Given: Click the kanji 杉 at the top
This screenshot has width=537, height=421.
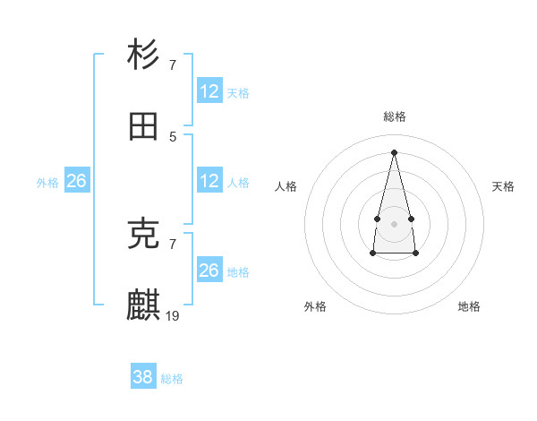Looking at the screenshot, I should click(143, 56).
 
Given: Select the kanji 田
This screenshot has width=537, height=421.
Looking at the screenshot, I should click(143, 127).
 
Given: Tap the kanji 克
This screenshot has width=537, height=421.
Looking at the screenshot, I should click(143, 234).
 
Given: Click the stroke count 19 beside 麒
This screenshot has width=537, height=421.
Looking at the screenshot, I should click(173, 315).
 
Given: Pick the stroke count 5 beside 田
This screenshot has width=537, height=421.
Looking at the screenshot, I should click(173, 136).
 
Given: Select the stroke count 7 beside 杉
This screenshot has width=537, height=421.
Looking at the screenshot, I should click(173, 64).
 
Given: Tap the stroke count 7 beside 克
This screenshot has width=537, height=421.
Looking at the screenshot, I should click(173, 244).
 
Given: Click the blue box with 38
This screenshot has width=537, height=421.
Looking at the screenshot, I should click(142, 377).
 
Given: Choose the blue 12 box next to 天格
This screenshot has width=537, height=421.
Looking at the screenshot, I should click(209, 91).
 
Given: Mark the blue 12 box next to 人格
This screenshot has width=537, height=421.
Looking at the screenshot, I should click(209, 181).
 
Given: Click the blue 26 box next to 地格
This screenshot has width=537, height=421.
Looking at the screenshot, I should click(209, 271).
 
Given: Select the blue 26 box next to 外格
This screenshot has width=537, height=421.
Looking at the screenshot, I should click(76, 181).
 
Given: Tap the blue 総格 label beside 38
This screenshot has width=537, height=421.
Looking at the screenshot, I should click(172, 379).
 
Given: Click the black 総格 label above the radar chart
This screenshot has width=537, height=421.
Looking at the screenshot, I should click(394, 116).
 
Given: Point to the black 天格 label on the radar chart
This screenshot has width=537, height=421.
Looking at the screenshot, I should click(503, 186).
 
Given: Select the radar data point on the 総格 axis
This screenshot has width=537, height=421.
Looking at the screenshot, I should click(394, 151).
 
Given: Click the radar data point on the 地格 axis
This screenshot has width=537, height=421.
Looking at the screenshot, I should click(415, 253).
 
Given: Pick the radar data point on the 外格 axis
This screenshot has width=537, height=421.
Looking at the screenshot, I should click(372, 253).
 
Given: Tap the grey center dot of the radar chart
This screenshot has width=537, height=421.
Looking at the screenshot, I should click(394, 222).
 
